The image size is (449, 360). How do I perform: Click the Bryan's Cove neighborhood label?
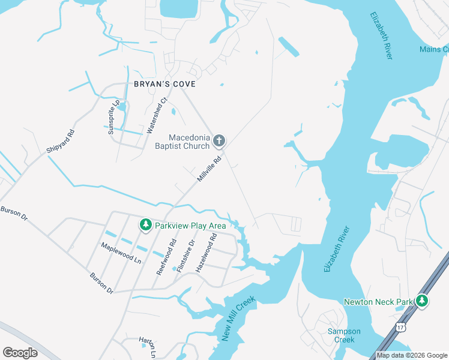click(164, 85)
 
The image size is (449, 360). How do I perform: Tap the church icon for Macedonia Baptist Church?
click(219, 142)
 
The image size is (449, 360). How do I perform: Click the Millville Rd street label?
click(210, 170)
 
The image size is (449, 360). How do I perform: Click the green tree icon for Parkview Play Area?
click(145, 225)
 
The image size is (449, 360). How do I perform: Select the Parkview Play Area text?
click(190, 226)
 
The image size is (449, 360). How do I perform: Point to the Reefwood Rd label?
click(167, 257)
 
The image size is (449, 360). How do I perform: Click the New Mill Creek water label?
click(238, 319)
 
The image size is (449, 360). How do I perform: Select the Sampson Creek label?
click(341, 335)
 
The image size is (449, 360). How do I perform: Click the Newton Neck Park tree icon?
click(423, 301)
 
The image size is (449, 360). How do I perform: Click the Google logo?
click(20, 353)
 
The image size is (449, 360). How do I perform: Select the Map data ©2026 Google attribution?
click(412, 355)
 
